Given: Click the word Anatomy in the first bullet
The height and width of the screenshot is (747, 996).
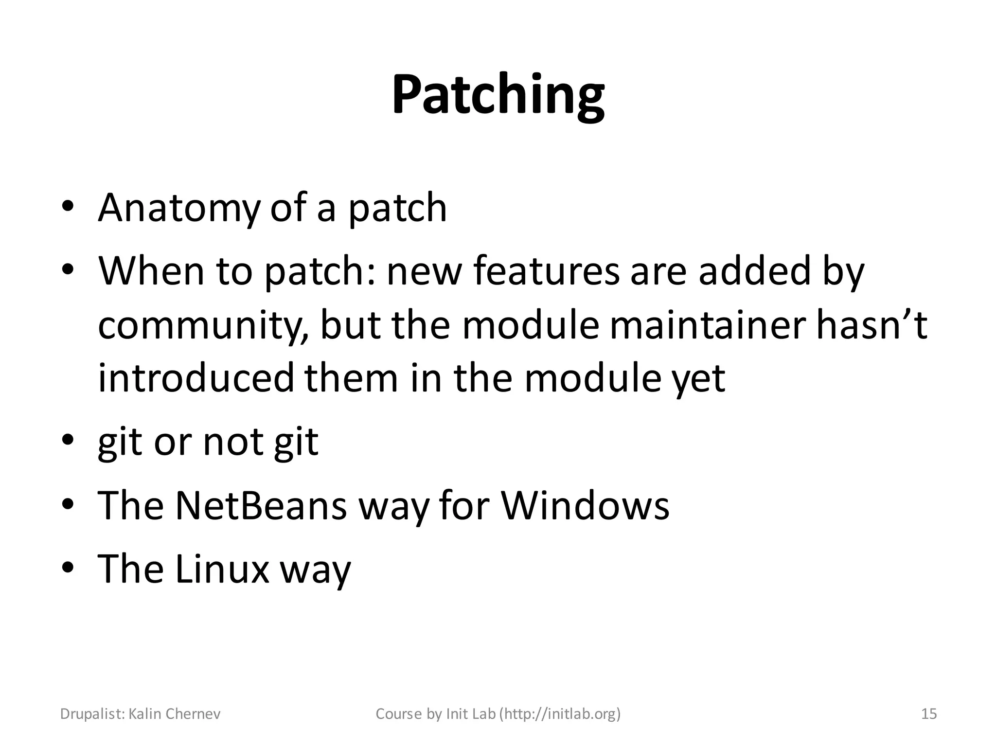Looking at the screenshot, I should [179, 208].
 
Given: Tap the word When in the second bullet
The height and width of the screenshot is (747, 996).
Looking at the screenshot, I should [151, 271].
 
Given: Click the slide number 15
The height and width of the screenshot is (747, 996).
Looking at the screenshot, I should [929, 714].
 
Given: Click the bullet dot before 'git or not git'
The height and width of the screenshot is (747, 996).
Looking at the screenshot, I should [68, 441].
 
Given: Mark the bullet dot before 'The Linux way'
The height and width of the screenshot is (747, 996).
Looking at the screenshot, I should [68, 568].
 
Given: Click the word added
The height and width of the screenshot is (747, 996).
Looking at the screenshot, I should [754, 271].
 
